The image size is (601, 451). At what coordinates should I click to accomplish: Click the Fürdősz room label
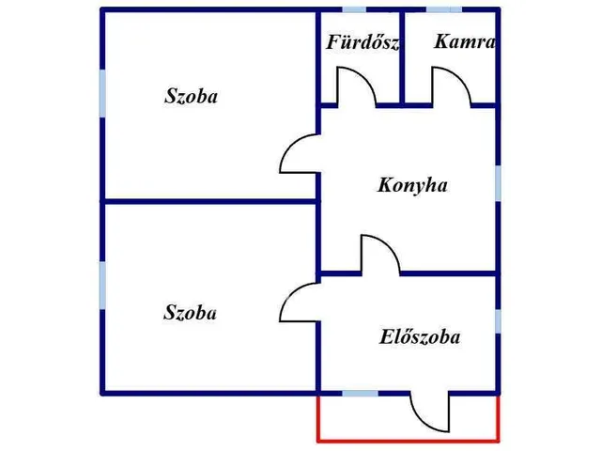tap(362, 42)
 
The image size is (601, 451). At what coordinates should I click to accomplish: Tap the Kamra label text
tap(465, 41)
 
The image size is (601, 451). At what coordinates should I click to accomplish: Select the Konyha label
tap(412, 185)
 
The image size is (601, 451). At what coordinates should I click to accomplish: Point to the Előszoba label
tap(420, 337)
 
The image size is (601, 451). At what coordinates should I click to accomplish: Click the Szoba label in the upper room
tap(191, 96)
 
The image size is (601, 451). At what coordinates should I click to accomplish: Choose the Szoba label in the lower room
tap(190, 312)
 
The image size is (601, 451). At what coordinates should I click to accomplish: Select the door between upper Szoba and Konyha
tap(290, 144)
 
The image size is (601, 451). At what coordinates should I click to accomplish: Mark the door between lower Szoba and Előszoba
tap(290, 293)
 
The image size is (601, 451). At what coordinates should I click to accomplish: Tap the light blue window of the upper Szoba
tap(102, 94)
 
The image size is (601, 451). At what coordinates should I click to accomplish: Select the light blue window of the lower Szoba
tap(102, 286)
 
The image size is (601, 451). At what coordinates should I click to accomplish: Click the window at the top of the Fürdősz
tap(354, 9)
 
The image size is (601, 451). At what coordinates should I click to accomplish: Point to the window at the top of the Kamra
tap(444, 9)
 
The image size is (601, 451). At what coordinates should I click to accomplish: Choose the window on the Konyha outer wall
tap(498, 183)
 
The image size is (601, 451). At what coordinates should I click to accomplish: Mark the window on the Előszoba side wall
tap(498, 321)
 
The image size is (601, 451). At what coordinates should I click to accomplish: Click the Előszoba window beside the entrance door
tap(360, 394)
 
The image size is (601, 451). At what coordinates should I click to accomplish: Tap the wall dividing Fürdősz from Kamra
tap(402, 57)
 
